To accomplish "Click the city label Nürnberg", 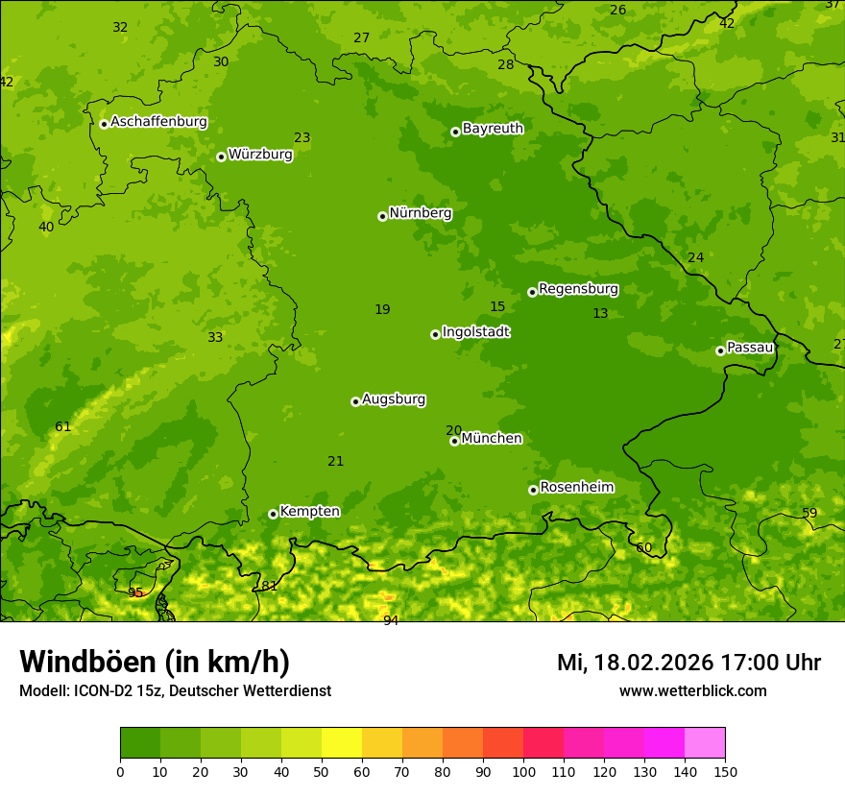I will coord(420,213).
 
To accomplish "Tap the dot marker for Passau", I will coord(720,350).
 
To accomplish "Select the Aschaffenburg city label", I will coord(158,122).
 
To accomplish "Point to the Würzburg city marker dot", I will coord(221,157).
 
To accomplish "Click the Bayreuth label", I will coord(493,129).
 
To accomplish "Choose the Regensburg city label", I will coord(578,289).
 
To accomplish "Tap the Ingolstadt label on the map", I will coord(475,332).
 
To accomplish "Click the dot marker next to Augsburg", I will coord(355,401).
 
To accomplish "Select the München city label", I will coord(492,439).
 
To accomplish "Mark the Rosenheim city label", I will coord(576,488).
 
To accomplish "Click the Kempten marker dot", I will coord(273,514).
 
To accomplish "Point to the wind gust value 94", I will coord(390,620).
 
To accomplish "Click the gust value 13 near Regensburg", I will coord(600,313).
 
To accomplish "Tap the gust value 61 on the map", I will coord(62,426).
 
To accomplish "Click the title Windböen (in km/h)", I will coord(155,662).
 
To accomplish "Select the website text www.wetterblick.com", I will coord(692,690).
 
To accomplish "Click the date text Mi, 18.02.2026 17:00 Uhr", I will coord(688,663).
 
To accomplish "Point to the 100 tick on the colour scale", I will coord(523,771).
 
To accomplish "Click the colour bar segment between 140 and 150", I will coord(705,743).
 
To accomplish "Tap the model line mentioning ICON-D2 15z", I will coord(175,690).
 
